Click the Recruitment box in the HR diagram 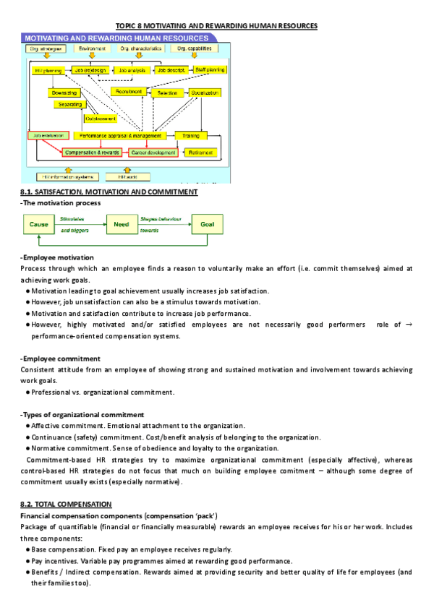[x=127, y=93]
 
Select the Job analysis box [x=132, y=70]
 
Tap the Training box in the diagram [x=191, y=135]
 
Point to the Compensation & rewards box [x=92, y=153]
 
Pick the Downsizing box [x=63, y=93]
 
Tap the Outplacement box [x=100, y=118]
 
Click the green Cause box [x=39, y=224]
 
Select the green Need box [x=122, y=224]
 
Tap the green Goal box [x=207, y=224]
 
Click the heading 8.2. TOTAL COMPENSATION [x=66, y=503]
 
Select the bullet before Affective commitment [x=27, y=426]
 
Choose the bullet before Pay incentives [x=27, y=561]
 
